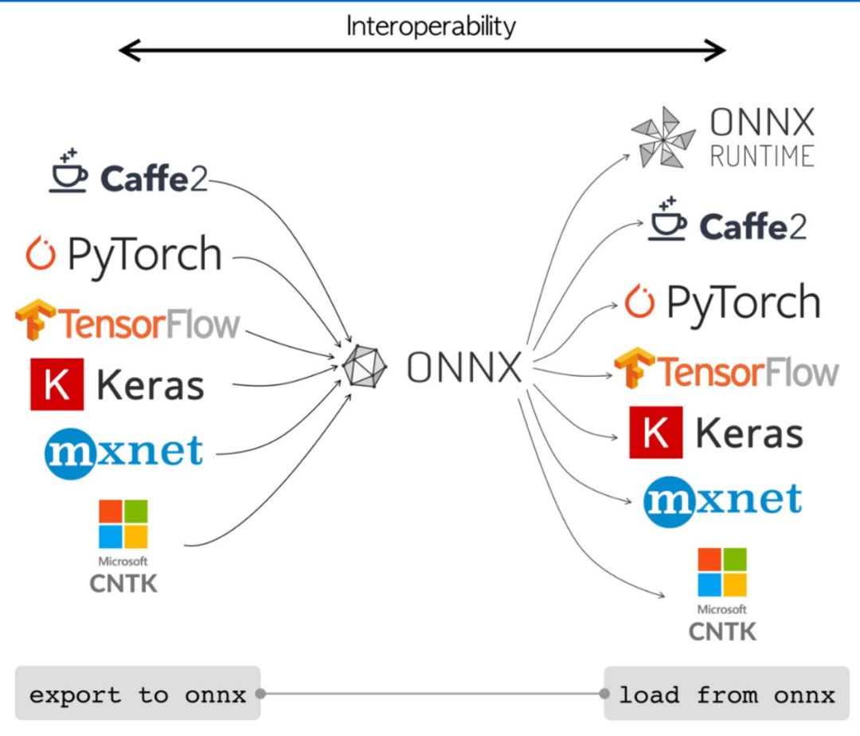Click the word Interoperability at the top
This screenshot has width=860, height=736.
pyautogui.click(x=431, y=27)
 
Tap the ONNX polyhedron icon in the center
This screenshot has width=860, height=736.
pyautogui.click(x=365, y=366)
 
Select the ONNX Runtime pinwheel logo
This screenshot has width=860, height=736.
pyautogui.click(x=663, y=137)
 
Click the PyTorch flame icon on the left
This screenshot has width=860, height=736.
pyautogui.click(x=41, y=253)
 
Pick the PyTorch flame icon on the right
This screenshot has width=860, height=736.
pyautogui.click(x=640, y=301)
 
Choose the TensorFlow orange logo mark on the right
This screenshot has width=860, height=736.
pyautogui.click(x=635, y=367)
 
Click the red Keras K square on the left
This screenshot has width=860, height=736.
pyautogui.click(x=57, y=385)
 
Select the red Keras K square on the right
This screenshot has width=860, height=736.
pyautogui.click(x=656, y=433)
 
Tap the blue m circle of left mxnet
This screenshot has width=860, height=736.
pyautogui.click(x=69, y=453)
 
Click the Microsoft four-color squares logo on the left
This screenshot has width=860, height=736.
pyautogui.click(x=123, y=524)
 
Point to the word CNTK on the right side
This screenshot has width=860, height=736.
pyautogui.click(x=722, y=632)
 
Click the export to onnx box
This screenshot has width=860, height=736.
pyautogui.click(x=138, y=693)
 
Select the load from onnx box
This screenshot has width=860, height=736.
pyautogui.click(x=727, y=693)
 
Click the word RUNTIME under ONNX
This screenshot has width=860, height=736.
pyautogui.click(x=762, y=156)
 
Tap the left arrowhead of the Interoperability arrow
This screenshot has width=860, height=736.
pyautogui.click(x=130, y=50)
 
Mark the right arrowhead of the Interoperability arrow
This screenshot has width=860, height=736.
pyautogui.click(x=715, y=50)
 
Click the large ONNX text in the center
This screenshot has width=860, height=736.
pyautogui.click(x=464, y=367)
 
